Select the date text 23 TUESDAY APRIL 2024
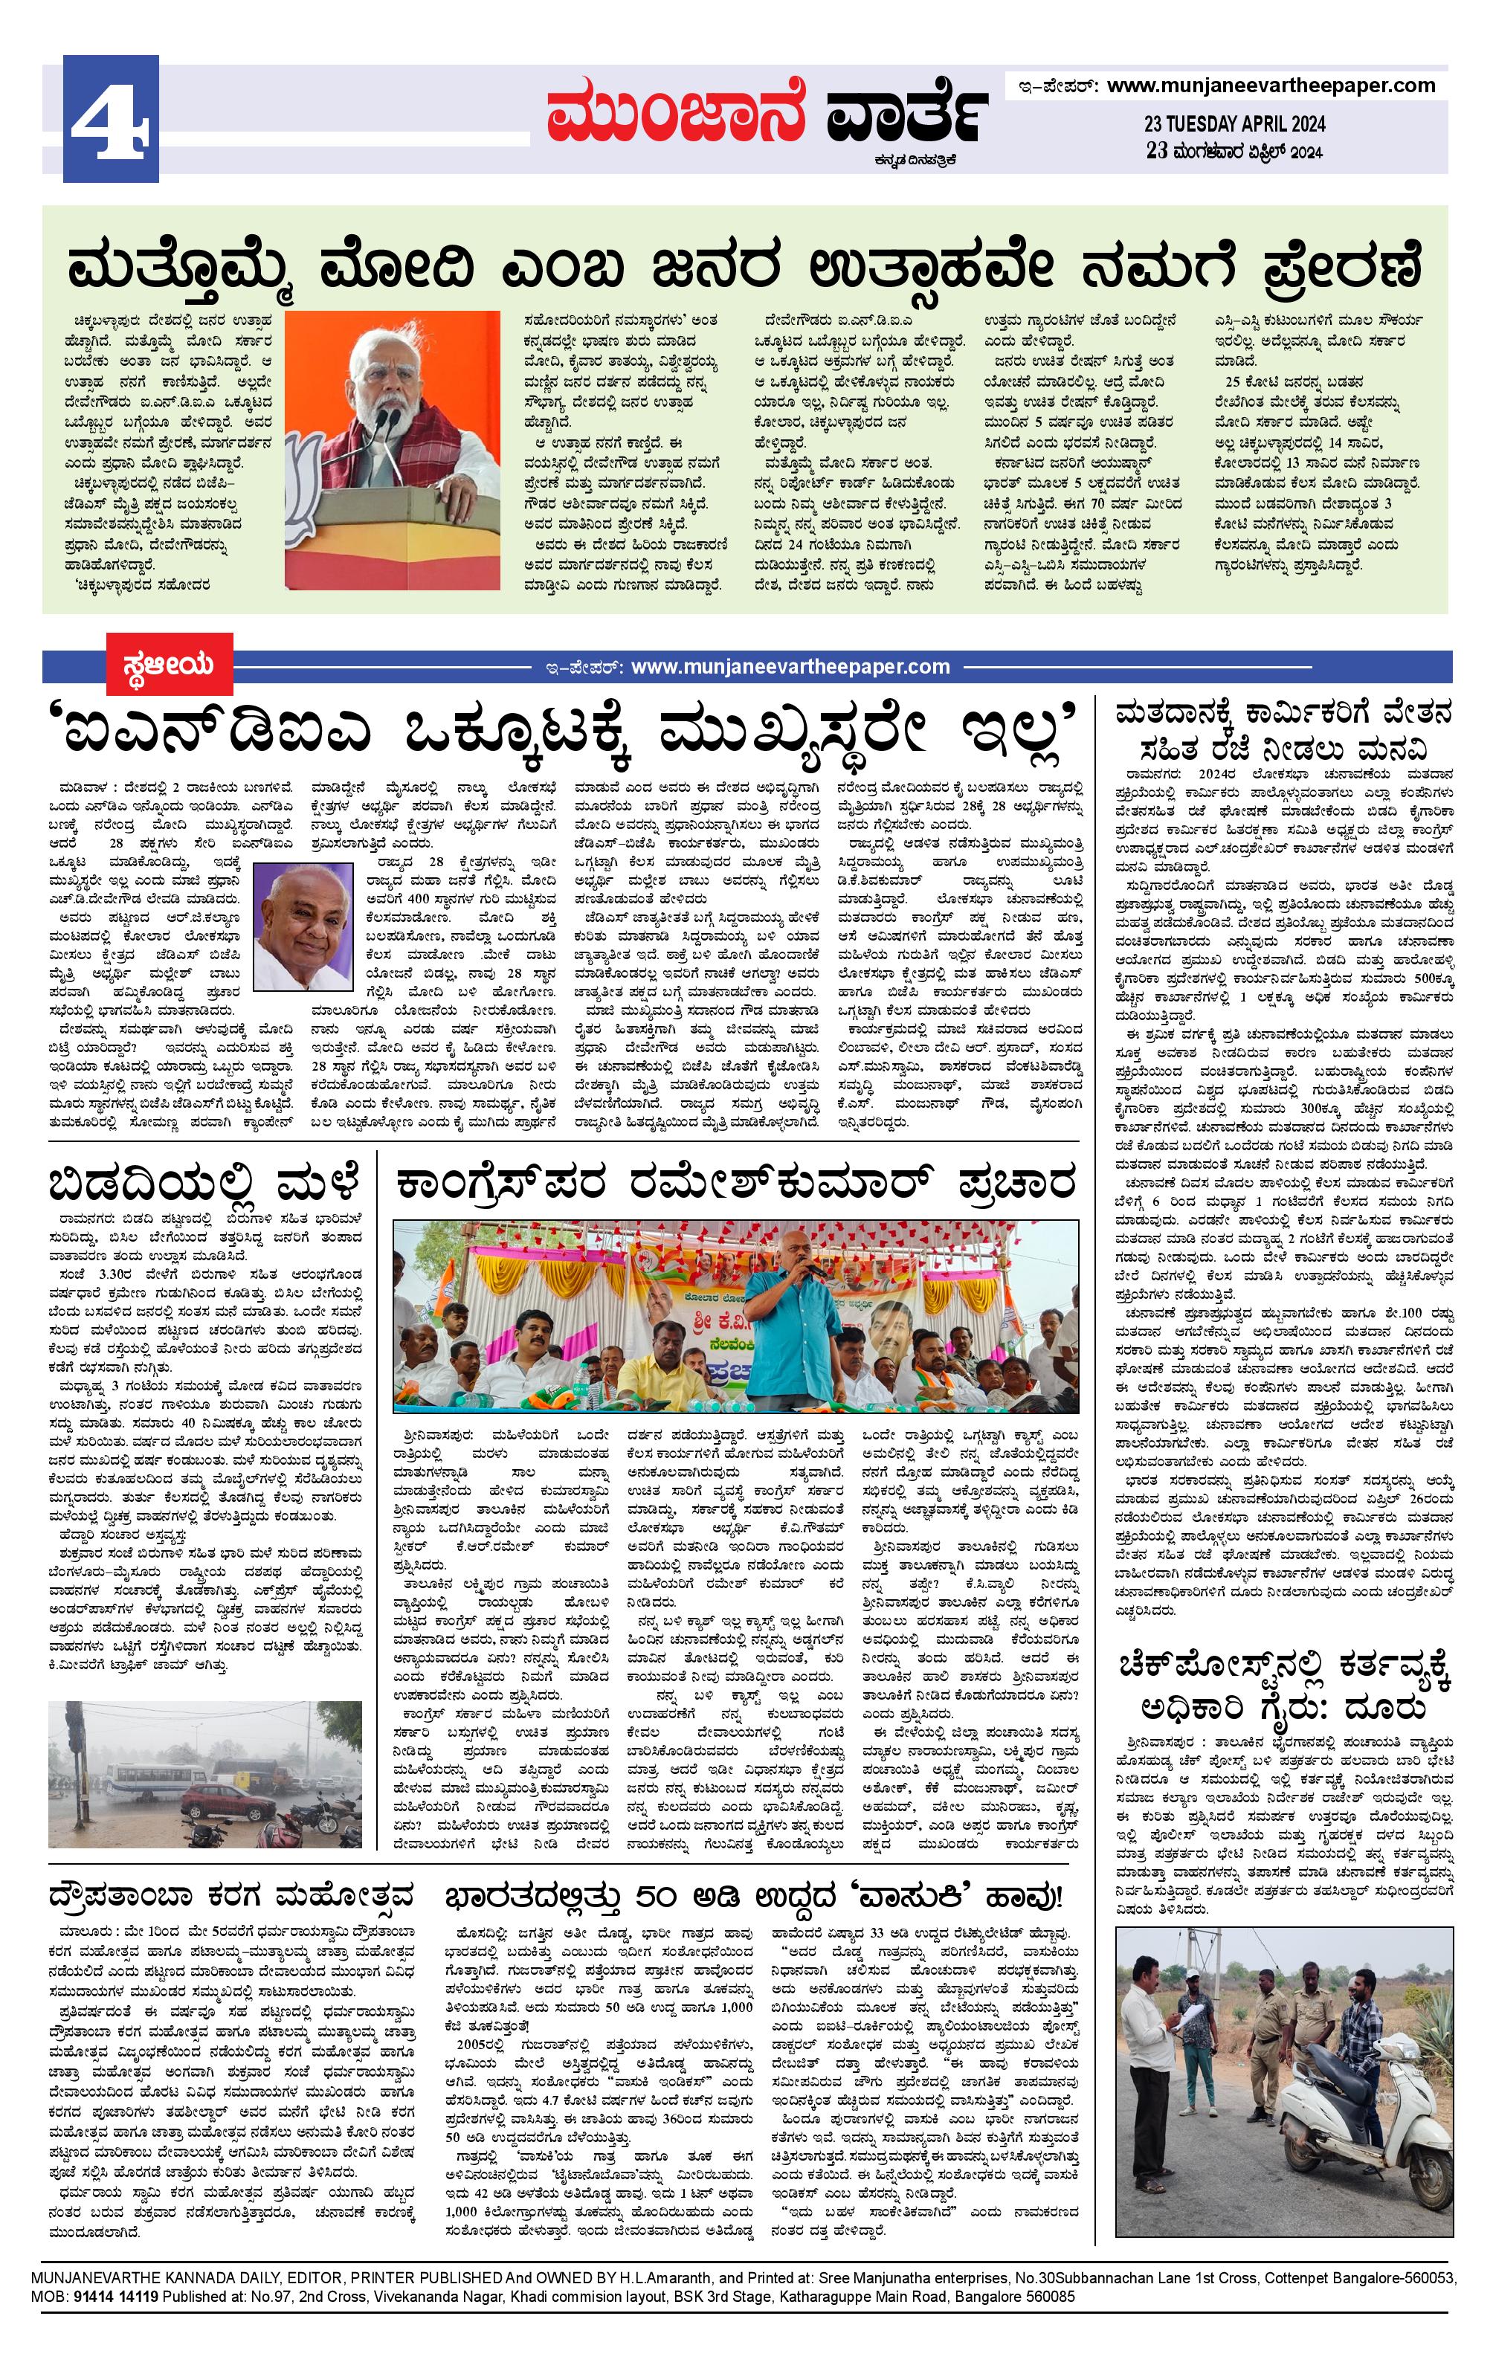click(x=1234, y=124)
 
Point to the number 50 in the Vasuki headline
click(x=659, y=1895)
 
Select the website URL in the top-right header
click(x=1271, y=86)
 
